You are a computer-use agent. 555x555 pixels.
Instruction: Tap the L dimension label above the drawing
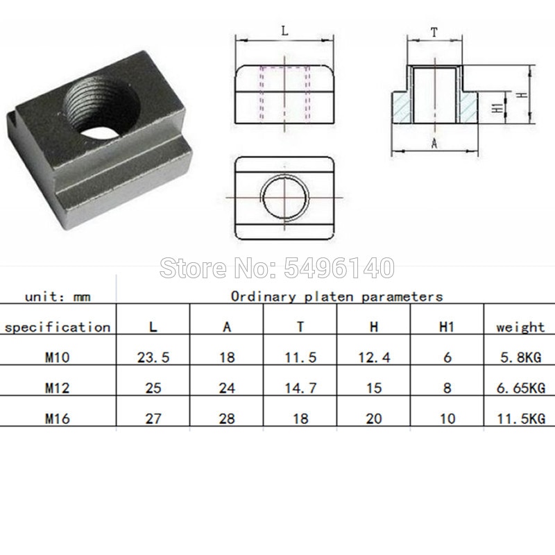pyautogui.click(x=286, y=31)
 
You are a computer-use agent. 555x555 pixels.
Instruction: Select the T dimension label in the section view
pyautogui.click(x=434, y=31)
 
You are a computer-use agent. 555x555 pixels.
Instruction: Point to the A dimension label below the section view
pyautogui.click(x=434, y=144)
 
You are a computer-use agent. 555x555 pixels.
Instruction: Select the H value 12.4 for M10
pyautogui.click(x=374, y=358)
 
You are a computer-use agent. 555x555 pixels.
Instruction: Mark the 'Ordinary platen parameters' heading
pyautogui.click(x=336, y=297)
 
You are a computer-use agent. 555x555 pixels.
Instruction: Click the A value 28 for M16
pyautogui.click(x=226, y=418)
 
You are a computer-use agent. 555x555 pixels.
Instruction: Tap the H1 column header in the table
pyautogui.click(x=447, y=327)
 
